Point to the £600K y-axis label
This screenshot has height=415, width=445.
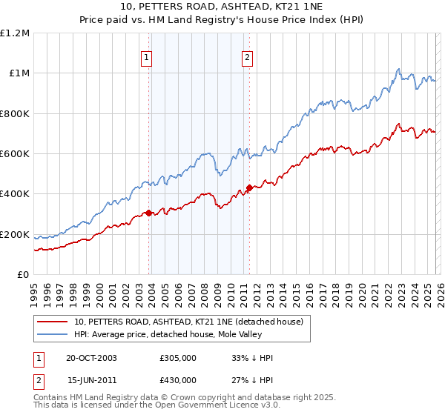tap(15, 154)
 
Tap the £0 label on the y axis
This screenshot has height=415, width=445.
tap(23, 275)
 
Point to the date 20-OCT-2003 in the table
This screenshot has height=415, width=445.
tap(91, 358)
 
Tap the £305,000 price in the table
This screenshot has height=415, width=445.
tap(177, 358)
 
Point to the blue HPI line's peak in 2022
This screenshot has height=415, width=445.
tap(398, 70)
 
